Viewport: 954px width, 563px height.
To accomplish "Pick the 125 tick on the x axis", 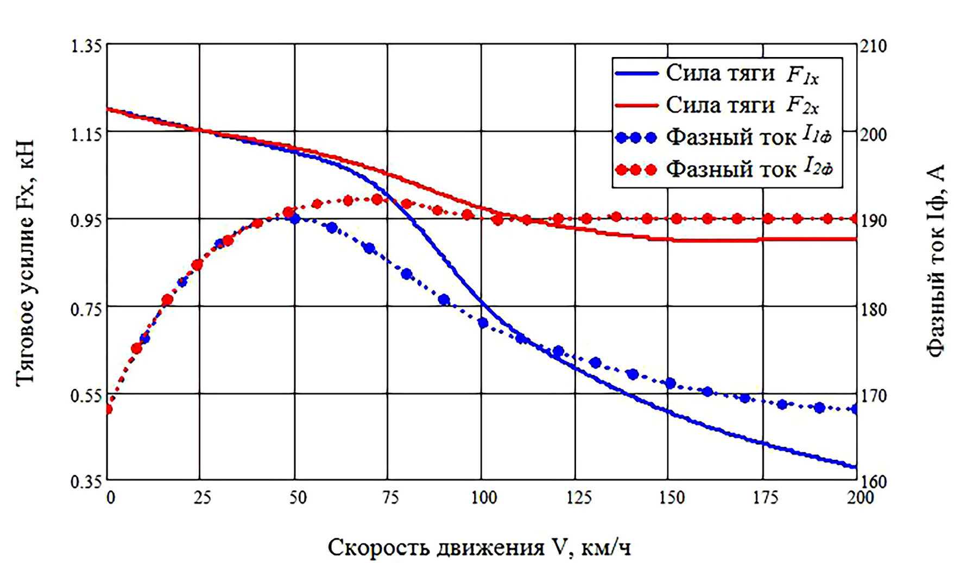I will pyautogui.click(x=578, y=497).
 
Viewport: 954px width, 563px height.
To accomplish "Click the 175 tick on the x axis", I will pyautogui.click(x=765, y=497).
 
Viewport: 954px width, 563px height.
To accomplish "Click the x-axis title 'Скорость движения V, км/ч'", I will pyautogui.click(x=479, y=547).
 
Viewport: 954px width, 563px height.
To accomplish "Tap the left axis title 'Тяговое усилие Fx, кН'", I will pyautogui.click(x=26, y=263).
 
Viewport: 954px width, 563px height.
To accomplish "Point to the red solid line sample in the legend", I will pyautogui.click(x=636, y=105).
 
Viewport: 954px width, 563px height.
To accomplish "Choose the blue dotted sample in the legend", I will pyautogui.click(x=636, y=138).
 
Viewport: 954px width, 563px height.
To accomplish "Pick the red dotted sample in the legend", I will pyautogui.click(x=636, y=170).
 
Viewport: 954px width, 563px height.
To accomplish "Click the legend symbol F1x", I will pyautogui.click(x=803, y=75).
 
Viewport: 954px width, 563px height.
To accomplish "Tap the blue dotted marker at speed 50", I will pyautogui.click(x=295, y=219).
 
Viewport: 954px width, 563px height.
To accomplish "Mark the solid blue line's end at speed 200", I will pyautogui.click(x=856, y=467).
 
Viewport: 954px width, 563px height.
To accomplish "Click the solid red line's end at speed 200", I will pyautogui.click(x=856, y=239).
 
